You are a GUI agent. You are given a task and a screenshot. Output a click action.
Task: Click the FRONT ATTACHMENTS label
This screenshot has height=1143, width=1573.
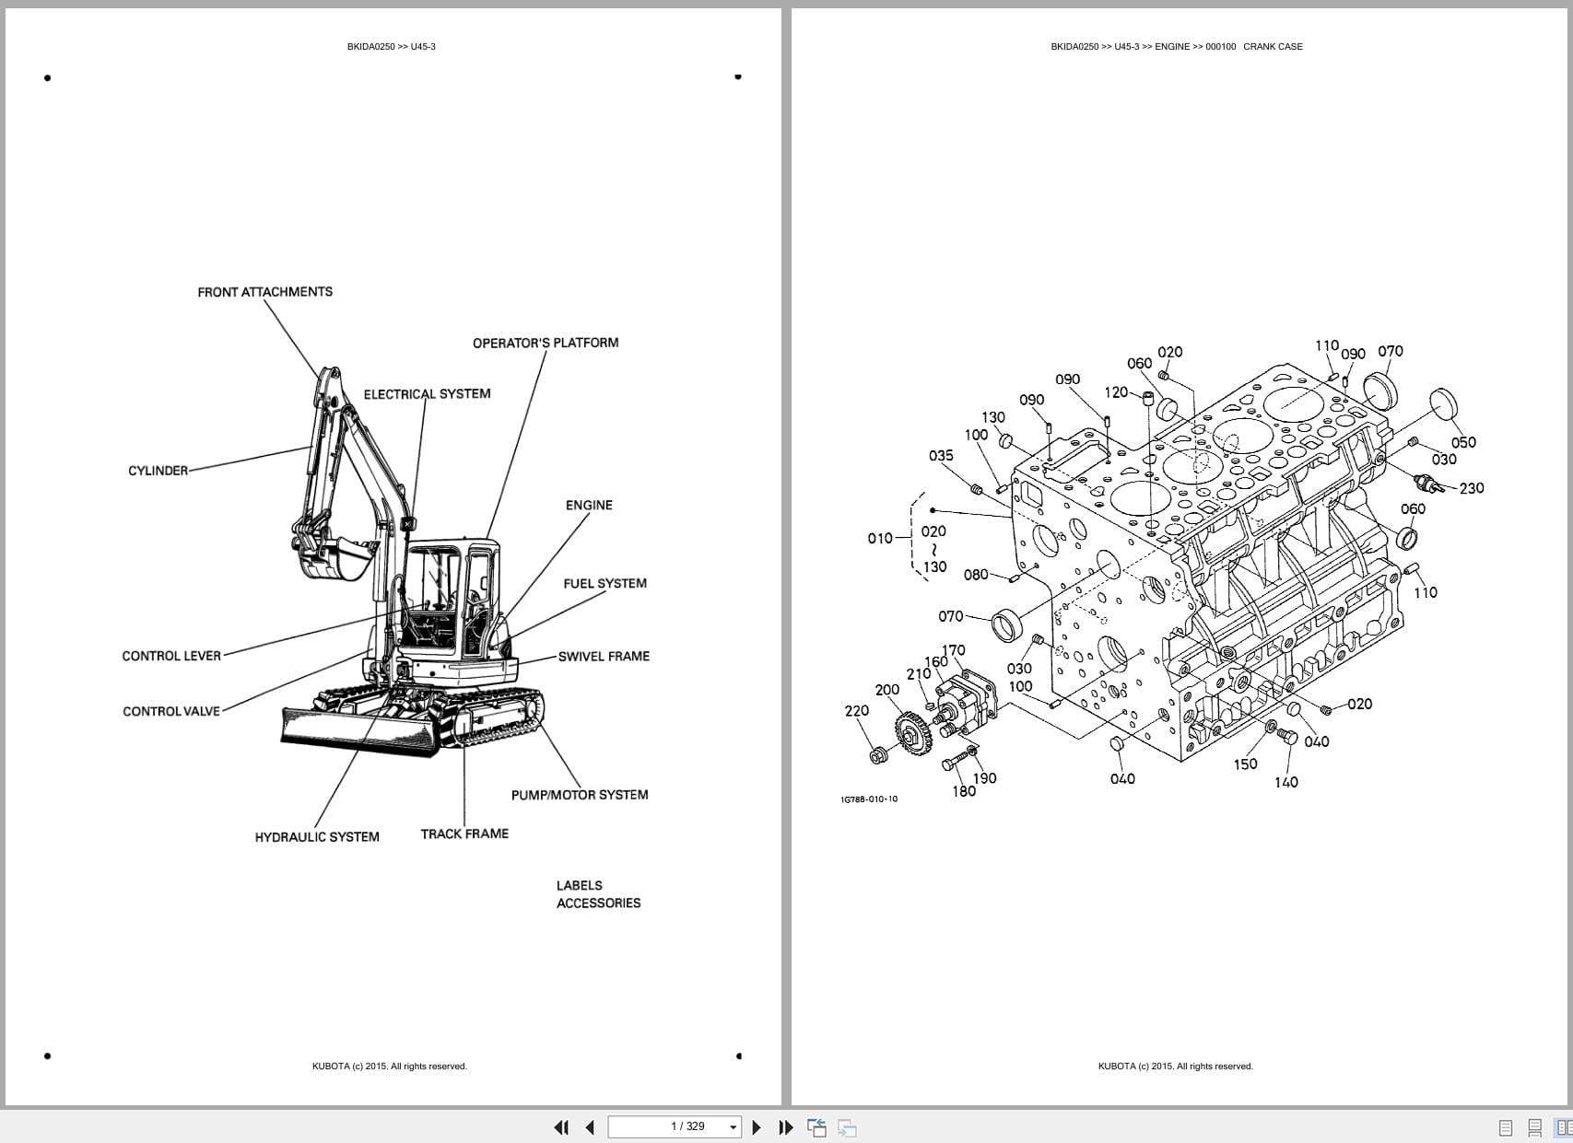(x=264, y=292)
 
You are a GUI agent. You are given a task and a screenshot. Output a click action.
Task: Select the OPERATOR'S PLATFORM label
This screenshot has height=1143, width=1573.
(x=546, y=343)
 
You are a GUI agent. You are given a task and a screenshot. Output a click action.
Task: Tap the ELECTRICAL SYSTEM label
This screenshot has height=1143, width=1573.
(x=427, y=394)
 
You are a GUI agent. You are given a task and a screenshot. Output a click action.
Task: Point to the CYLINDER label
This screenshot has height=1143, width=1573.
(x=158, y=471)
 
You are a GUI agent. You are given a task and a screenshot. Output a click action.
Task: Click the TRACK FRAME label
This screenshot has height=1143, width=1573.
(x=464, y=834)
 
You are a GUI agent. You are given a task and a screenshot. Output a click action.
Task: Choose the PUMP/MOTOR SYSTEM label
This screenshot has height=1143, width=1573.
(x=580, y=795)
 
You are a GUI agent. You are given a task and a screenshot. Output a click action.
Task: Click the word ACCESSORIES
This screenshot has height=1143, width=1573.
(x=598, y=904)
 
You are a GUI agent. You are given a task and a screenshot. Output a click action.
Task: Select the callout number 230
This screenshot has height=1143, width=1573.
(x=1472, y=488)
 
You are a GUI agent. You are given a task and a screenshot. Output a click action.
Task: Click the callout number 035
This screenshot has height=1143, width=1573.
(x=941, y=456)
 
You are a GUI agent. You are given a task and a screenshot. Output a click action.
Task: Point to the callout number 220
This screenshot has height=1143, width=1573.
(x=856, y=711)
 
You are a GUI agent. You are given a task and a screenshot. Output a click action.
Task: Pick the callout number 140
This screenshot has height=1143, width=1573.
(x=1285, y=782)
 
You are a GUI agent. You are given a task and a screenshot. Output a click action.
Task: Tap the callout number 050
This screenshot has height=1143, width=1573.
(x=1463, y=442)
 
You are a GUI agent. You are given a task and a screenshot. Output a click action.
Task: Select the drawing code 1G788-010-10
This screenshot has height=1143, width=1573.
(x=868, y=799)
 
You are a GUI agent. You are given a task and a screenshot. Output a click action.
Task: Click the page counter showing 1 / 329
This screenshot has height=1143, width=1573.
(x=687, y=1126)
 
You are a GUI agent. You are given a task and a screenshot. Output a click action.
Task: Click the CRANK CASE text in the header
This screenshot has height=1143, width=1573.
(x=1273, y=46)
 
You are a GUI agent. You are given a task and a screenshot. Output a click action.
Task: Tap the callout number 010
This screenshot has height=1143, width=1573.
(x=879, y=538)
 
